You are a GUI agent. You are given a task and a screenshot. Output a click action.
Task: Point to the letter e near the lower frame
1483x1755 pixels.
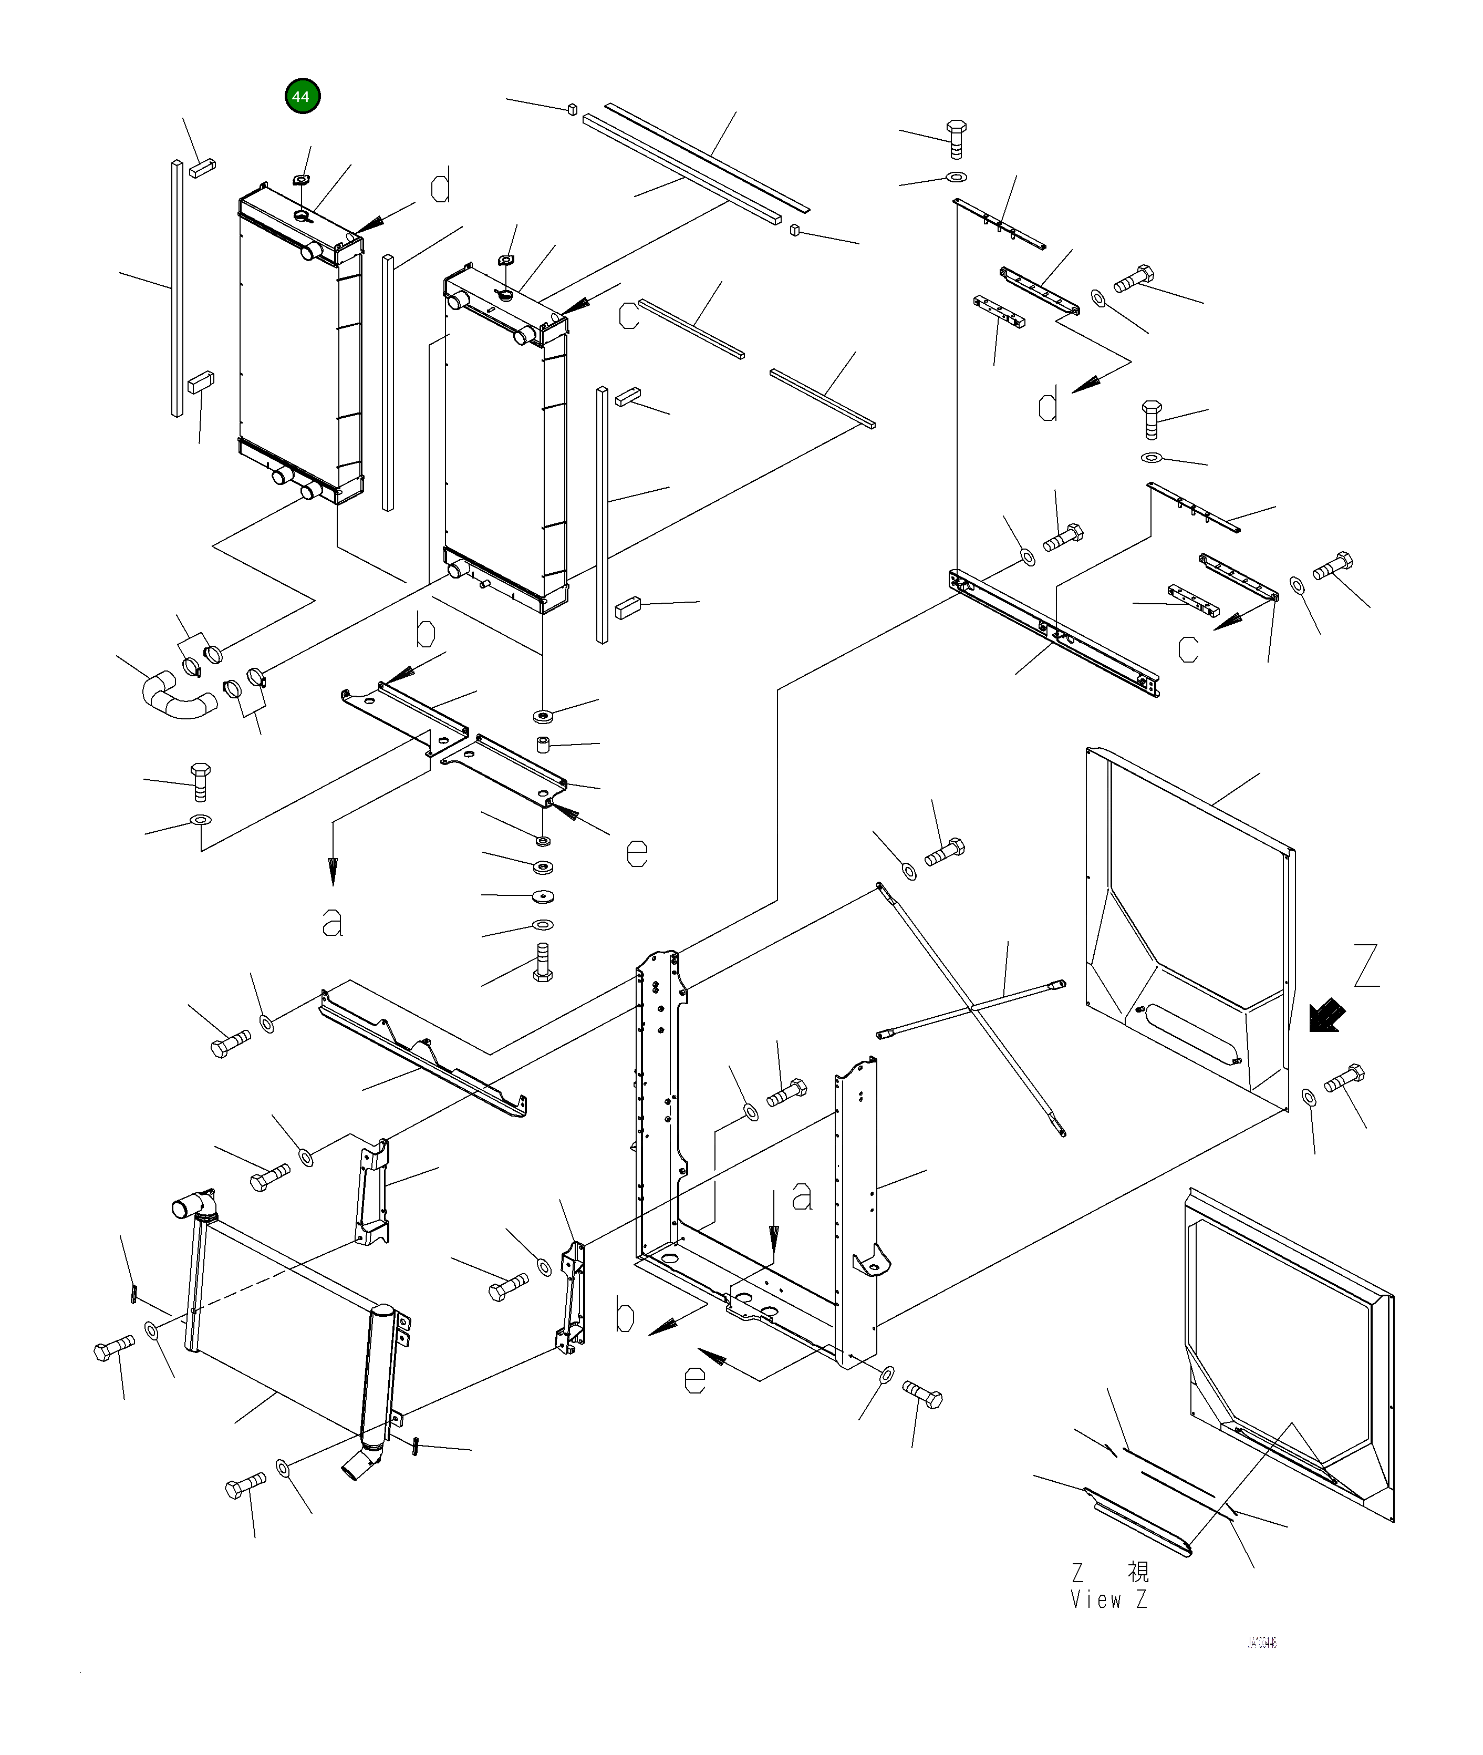click(694, 1380)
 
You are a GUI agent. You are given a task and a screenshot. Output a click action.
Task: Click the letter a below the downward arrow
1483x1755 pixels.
click(333, 923)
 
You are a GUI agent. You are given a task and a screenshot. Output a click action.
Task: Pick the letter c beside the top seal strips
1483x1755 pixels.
click(629, 315)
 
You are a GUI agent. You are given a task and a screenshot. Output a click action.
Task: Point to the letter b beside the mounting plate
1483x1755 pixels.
click(426, 632)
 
